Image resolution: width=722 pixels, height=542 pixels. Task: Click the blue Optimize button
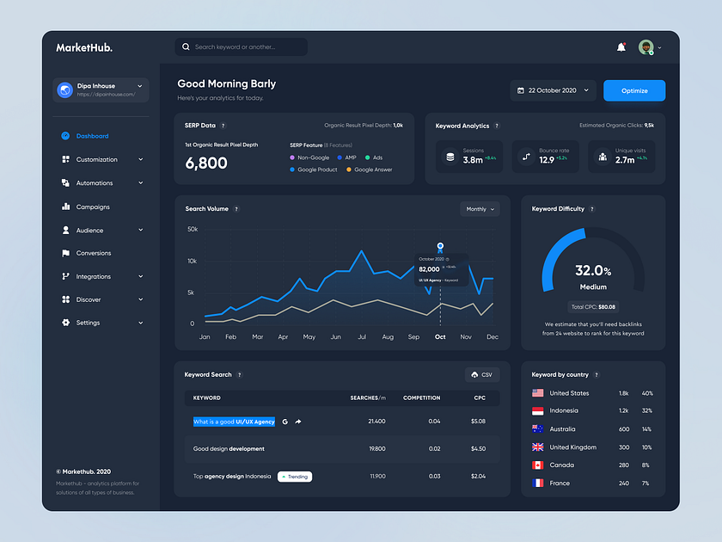pyautogui.click(x=634, y=90)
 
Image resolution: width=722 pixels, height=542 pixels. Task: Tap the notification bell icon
pyautogui.click(x=621, y=47)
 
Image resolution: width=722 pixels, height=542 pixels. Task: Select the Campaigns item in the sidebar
pyautogui.click(x=93, y=206)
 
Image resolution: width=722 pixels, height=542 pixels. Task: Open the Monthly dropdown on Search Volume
pyautogui.click(x=480, y=209)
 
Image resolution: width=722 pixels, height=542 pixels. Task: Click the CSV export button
pyautogui.click(x=482, y=375)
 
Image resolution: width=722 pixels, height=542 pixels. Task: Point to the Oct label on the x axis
pyautogui.click(x=440, y=337)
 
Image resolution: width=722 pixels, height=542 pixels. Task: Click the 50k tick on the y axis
pyautogui.click(x=193, y=230)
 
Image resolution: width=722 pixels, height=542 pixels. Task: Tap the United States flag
pyautogui.click(x=538, y=393)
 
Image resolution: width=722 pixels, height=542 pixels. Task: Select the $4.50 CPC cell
pyautogui.click(x=478, y=448)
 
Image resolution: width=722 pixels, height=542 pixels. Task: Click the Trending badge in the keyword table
pyautogui.click(x=295, y=477)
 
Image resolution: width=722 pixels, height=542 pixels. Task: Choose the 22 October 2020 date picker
pyautogui.click(x=553, y=90)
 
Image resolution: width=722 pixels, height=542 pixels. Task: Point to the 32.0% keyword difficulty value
pyautogui.click(x=593, y=271)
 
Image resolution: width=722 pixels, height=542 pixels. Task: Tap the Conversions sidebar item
pyautogui.click(x=94, y=253)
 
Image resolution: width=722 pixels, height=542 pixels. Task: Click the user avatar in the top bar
pyautogui.click(x=646, y=47)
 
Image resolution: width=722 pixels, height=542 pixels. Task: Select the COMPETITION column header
pyautogui.click(x=421, y=397)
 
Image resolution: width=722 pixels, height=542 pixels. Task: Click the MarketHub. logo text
pyautogui.click(x=84, y=47)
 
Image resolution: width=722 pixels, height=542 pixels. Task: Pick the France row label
pyautogui.click(x=560, y=483)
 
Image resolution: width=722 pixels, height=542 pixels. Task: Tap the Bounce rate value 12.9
pyautogui.click(x=547, y=160)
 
